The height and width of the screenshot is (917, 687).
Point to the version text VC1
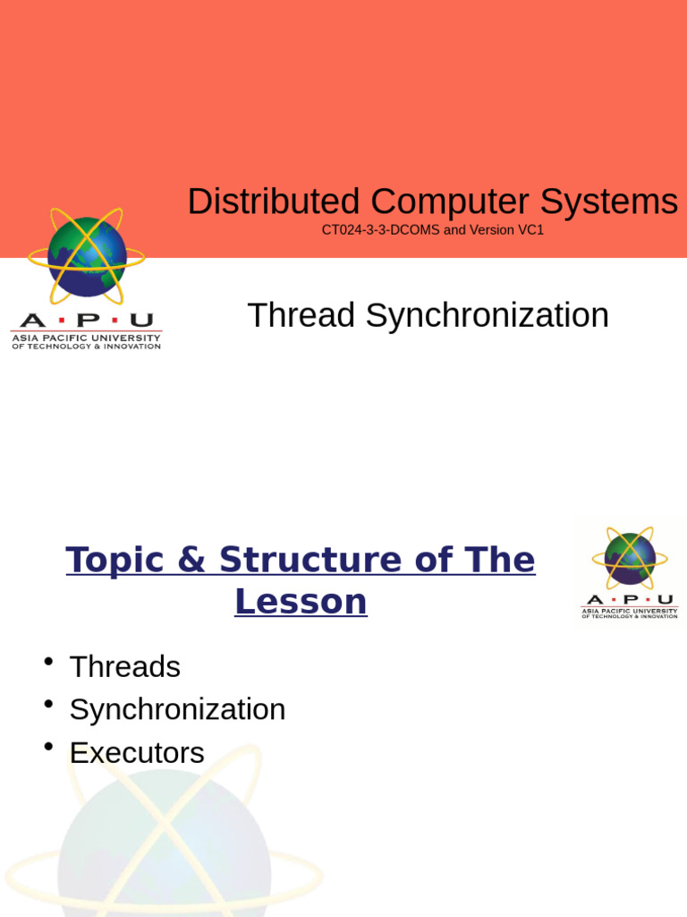[530, 230]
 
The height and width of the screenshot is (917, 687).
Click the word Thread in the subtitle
[301, 316]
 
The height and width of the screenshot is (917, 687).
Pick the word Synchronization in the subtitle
[487, 316]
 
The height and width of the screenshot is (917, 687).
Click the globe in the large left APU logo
[87, 257]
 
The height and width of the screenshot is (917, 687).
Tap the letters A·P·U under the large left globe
[86, 321]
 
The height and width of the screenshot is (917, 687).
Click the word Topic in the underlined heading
[114, 561]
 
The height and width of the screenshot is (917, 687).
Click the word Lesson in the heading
[301, 602]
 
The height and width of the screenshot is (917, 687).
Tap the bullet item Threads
[124, 667]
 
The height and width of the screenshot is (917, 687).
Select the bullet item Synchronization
[177, 710]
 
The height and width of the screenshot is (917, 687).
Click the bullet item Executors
[137, 753]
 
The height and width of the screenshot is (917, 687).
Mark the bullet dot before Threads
[48, 662]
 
